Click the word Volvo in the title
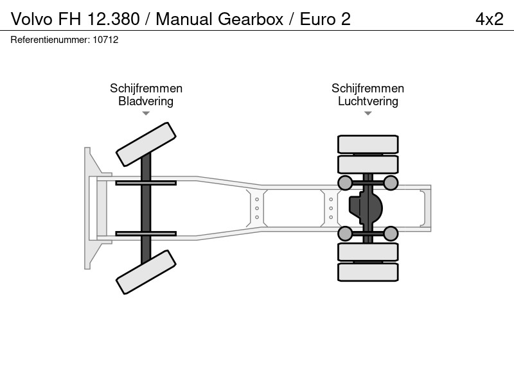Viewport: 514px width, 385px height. click(x=31, y=19)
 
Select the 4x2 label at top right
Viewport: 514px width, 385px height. click(x=490, y=19)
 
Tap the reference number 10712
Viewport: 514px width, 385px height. click(x=105, y=40)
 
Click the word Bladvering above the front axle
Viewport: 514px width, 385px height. click(x=146, y=101)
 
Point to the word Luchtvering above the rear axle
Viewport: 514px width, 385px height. click(x=368, y=101)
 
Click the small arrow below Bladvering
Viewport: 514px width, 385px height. click(x=146, y=114)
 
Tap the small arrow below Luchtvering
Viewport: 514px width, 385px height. click(x=368, y=114)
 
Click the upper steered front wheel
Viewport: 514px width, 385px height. click(x=146, y=144)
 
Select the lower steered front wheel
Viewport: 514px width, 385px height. click(x=146, y=272)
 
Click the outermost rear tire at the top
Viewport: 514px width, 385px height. click(x=368, y=144)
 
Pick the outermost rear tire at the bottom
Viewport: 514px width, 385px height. click(x=368, y=272)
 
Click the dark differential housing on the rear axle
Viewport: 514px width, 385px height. click(x=366, y=208)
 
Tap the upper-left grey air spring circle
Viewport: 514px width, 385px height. click(x=345, y=183)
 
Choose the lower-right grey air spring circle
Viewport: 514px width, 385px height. click(x=391, y=234)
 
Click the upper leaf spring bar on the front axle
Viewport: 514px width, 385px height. click(x=146, y=183)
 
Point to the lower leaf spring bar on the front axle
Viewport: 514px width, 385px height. click(x=146, y=234)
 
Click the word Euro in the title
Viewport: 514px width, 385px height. click(x=317, y=19)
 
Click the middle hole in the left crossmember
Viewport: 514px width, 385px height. click(x=256, y=208)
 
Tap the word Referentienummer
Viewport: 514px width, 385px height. click(x=50, y=40)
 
